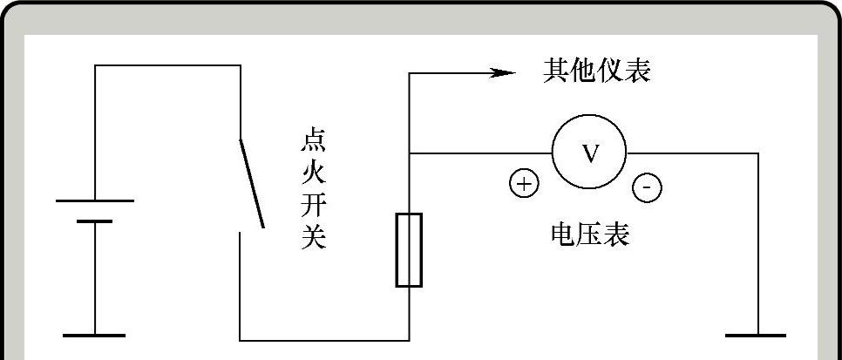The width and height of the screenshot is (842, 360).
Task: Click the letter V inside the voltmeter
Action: [x=590, y=154]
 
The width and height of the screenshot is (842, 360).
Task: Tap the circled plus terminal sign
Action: [x=524, y=185]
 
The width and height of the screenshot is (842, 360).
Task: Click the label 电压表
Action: [x=590, y=234]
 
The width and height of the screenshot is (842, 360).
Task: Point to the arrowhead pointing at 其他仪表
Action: [x=504, y=73]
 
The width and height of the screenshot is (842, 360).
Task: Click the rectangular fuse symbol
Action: [x=409, y=249]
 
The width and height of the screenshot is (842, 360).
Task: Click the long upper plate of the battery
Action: [x=95, y=201]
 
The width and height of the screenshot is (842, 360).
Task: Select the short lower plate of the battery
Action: [x=95, y=221]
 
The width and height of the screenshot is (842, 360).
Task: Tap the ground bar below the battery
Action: [x=95, y=335]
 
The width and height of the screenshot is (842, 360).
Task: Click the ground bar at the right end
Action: [x=757, y=335]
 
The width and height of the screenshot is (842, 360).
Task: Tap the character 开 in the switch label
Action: [x=313, y=206]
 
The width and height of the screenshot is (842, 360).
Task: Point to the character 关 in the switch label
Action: [x=313, y=237]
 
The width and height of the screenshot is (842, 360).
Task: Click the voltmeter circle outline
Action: [x=553, y=153]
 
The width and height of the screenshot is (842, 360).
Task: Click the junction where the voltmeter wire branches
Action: [x=410, y=153]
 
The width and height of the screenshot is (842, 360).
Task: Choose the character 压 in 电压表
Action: [x=590, y=234]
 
